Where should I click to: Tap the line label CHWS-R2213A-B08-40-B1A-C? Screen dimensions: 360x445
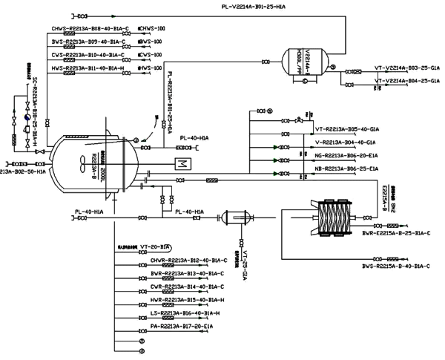tap(90, 29)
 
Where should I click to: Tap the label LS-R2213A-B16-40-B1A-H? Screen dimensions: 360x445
tap(180, 314)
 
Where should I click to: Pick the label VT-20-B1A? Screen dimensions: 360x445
tap(156, 246)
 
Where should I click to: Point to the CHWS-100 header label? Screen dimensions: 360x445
tap(152, 29)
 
